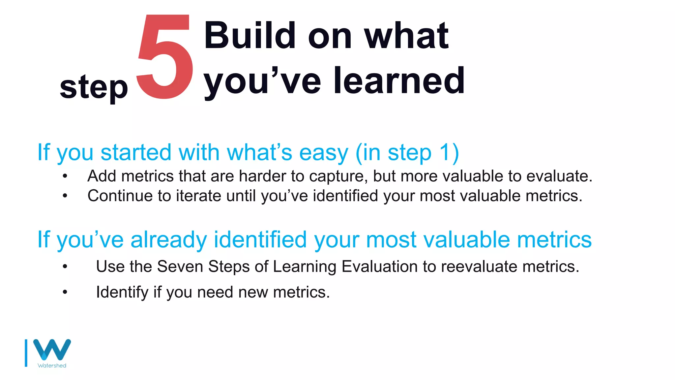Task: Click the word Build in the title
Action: tap(249, 35)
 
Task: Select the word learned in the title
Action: tap(399, 80)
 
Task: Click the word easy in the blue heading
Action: tap(323, 153)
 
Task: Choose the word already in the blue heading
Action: tap(168, 240)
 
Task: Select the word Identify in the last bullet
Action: tap(122, 292)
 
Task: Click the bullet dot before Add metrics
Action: tap(65, 176)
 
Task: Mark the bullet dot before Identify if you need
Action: tap(65, 292)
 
